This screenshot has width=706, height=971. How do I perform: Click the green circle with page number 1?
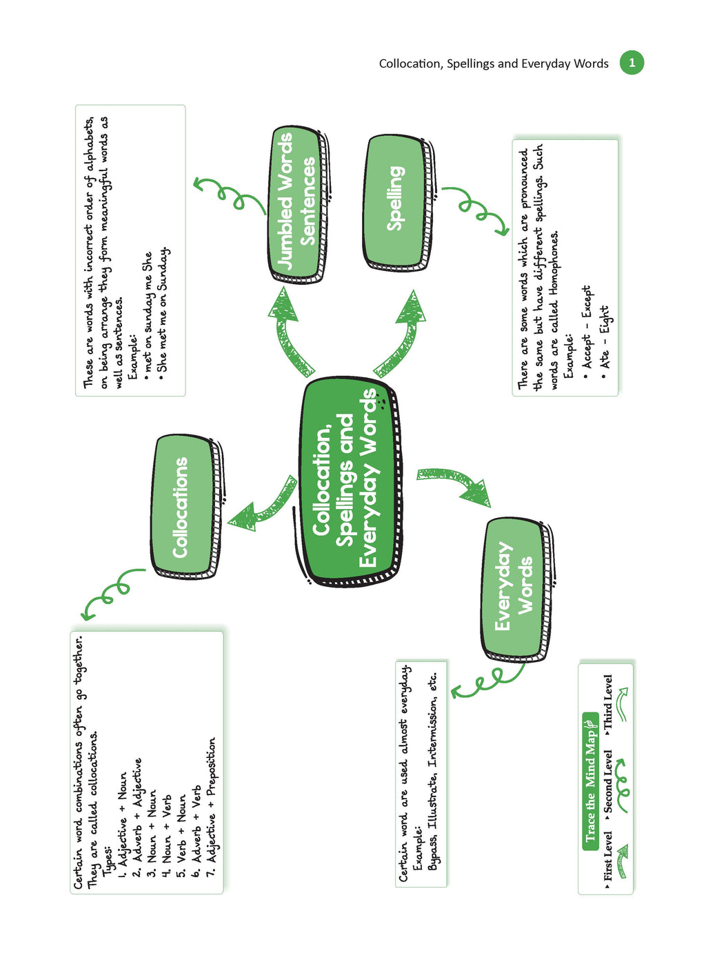click(632, 63)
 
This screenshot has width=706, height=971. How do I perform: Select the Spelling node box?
click(397, 203)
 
